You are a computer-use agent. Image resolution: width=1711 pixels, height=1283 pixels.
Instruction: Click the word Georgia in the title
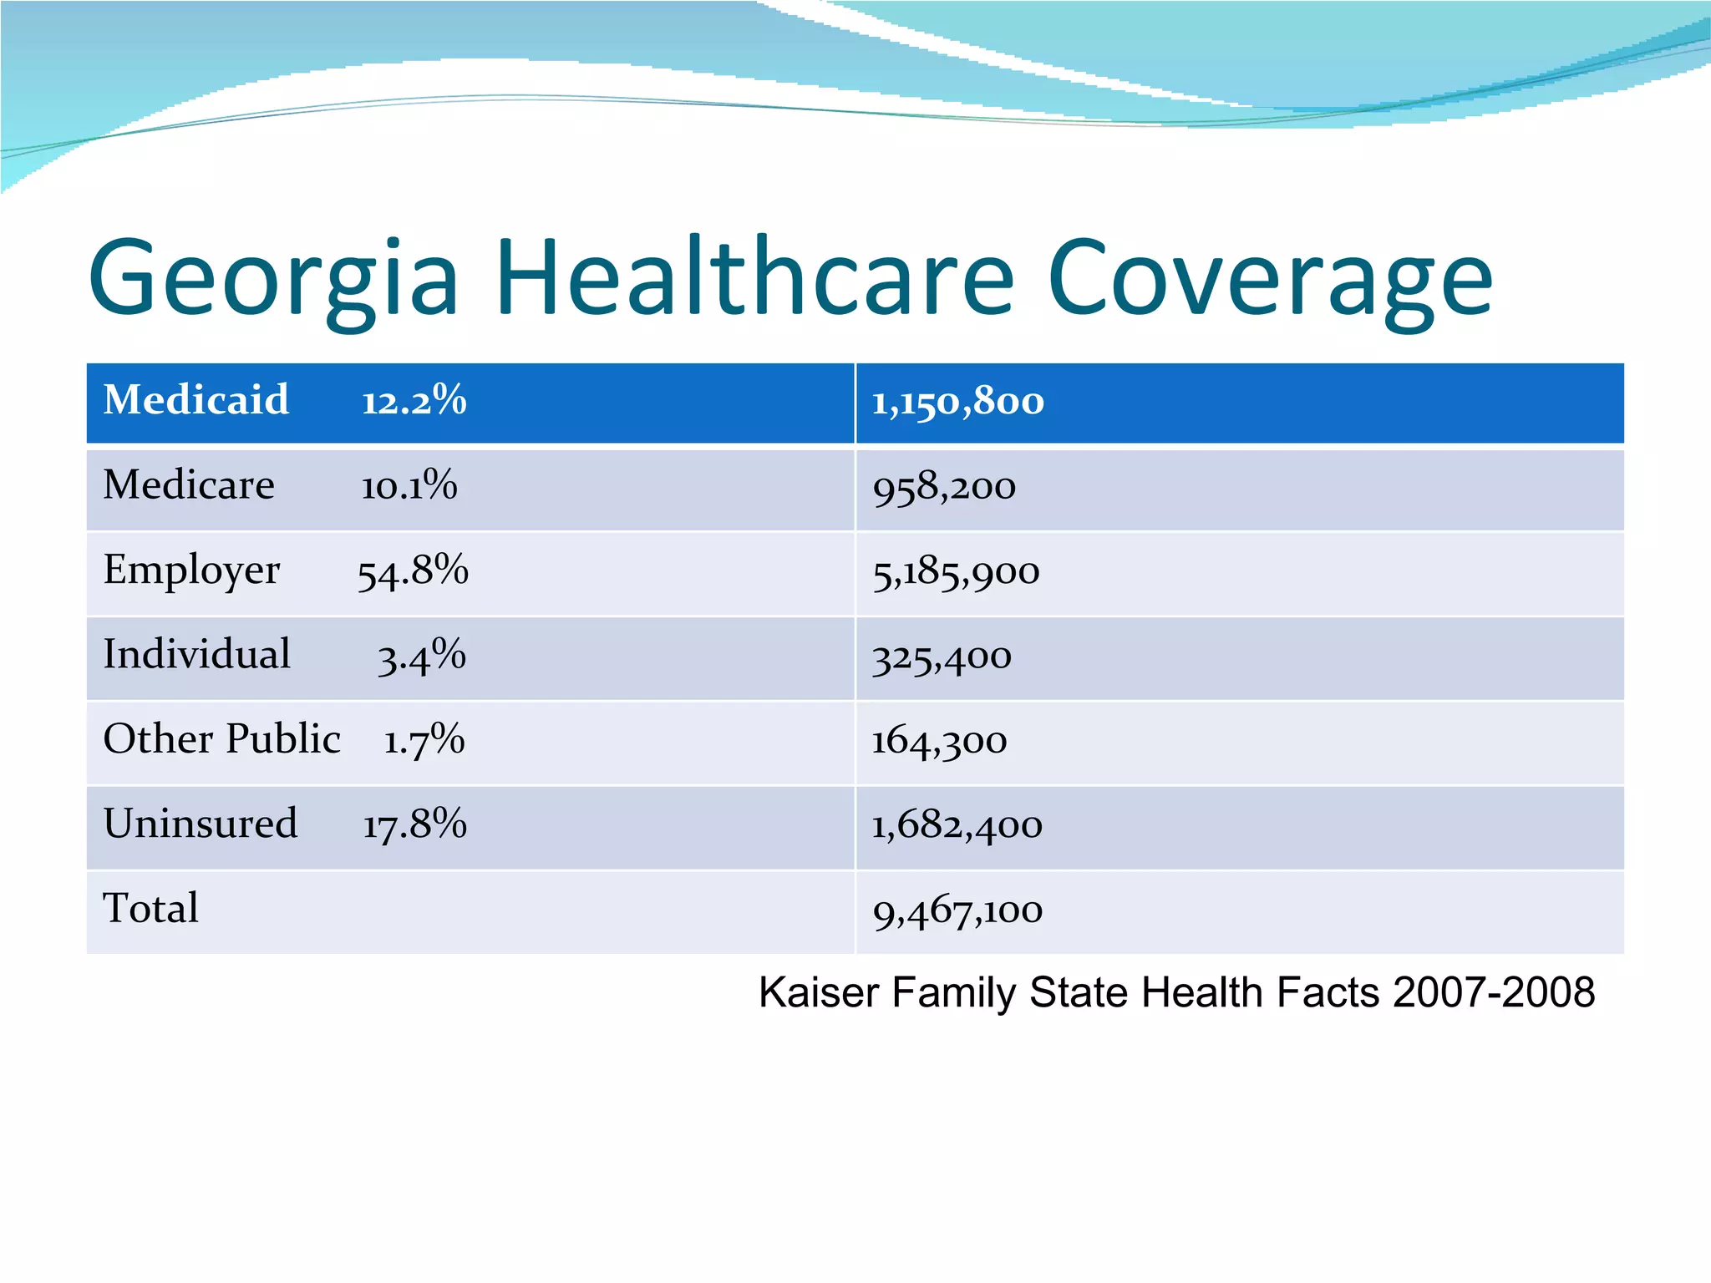(x=273, y=280)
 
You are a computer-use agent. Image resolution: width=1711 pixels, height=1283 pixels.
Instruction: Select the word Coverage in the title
(x=1269, y=280)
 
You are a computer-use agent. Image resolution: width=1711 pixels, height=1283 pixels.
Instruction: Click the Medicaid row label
(x=195, y=400)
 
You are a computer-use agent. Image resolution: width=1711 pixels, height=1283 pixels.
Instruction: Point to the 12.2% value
(x=414, y=401)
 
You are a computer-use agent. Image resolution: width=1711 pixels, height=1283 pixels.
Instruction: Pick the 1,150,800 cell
(x=957, y=403)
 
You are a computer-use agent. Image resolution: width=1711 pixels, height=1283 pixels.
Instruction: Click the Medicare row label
(x=189, y=485)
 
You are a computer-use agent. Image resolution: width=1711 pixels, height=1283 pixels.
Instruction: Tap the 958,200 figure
(x=944, y=488)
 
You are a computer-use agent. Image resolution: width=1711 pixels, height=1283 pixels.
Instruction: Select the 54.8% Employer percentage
(x=413, y=571)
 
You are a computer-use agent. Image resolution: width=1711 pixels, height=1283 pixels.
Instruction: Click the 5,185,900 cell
(x=956, y=573)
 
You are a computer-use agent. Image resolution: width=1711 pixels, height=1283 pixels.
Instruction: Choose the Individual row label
(x=196, y=654)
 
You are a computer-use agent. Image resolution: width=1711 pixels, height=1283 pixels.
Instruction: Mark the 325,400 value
(x=942, y=658)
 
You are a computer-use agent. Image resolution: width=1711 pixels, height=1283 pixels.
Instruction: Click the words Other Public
(x=221, y=739)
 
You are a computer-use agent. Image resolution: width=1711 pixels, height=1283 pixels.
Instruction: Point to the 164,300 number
(x=939, y=742)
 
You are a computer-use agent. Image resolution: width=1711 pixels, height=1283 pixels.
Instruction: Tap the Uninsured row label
(x=201, y=824)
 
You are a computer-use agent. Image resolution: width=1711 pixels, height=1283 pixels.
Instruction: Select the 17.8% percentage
(x=414, y=824)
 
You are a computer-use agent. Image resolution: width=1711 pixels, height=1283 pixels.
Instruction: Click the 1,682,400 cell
(x=957, y=827)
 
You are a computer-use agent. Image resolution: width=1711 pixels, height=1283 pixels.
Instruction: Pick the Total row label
(x=151, y=909)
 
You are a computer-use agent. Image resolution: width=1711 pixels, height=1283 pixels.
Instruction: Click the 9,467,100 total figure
(x=957, y=911)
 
